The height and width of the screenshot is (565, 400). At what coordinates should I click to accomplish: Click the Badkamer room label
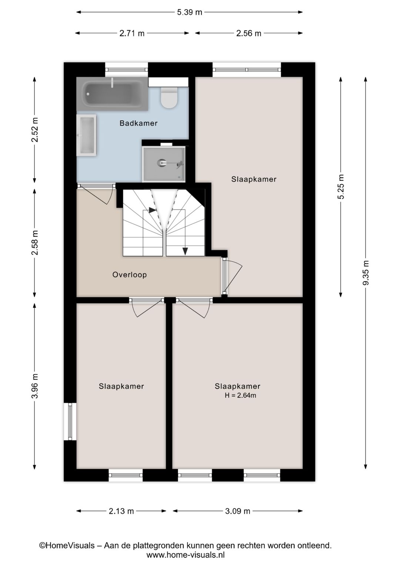click(138, 123)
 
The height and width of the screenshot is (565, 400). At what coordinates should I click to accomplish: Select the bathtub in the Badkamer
click(112, 94)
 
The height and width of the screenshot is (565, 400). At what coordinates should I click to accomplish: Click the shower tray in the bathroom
click(164, 164)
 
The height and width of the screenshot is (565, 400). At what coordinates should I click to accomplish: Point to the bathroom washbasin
click(86, 135)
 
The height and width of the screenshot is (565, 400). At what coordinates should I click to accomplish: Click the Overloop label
click(130, 275)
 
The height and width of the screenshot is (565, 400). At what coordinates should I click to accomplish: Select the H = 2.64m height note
click(240, 395)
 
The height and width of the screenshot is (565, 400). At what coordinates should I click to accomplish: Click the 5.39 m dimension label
click(190, 12)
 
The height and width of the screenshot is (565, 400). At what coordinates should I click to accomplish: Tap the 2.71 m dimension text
click(132, 33)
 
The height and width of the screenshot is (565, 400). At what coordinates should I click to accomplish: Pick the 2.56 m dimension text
click(249, 33)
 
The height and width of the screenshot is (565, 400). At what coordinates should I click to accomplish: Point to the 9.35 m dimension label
click(366, 273)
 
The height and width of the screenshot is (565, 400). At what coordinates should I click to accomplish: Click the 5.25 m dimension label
click(341, 187)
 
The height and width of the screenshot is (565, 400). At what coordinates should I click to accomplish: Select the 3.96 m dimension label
click(34, 386)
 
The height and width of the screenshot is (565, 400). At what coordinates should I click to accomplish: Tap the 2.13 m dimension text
click(121, 511)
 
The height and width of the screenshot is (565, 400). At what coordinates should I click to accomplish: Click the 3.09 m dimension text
click(237, 511)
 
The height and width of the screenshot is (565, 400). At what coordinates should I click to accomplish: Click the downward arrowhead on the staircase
click(185, 251)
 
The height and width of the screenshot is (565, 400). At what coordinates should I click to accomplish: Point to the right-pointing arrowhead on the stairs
click(152, 210)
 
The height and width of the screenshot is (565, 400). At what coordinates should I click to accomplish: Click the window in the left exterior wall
click(70, 421)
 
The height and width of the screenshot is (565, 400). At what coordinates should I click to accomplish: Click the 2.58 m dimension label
click(34, 243)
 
